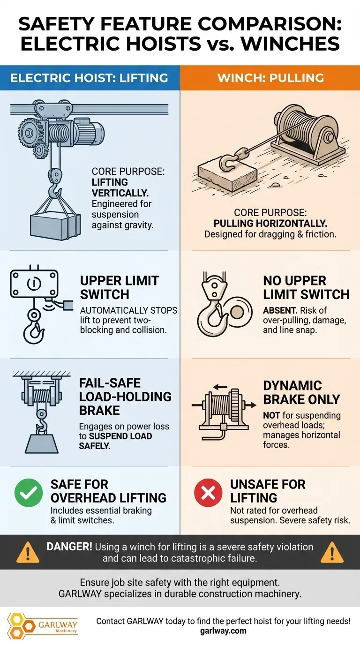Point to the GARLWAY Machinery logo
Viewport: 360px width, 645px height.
(43, 625)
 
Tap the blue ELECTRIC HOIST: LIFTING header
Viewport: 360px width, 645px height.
(89, 77)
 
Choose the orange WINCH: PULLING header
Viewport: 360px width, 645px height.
(270, 77)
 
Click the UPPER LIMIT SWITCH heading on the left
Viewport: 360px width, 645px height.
(120, 287)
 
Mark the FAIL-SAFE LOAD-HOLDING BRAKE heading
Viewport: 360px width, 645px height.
(125, 397)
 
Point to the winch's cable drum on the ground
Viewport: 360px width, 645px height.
(295, 127)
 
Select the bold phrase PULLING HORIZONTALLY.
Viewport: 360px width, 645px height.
(270, 223)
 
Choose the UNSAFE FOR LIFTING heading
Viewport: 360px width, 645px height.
(268, 490)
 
